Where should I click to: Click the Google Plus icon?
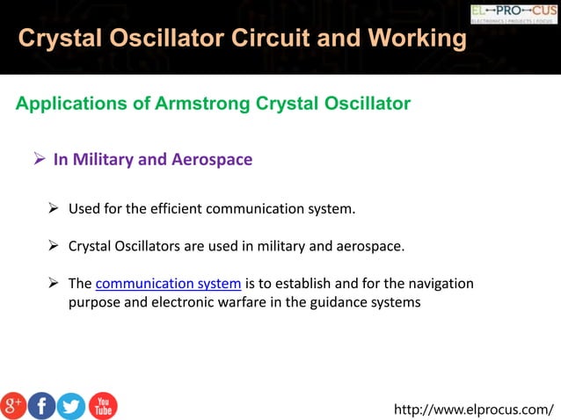click(x=13, y=405)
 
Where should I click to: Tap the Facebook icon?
click(x=41, y=405)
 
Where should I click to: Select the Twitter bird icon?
click(x=71, y=405)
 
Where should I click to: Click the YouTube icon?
click(x=102, y=405)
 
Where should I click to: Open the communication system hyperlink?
click(x=167, y=284)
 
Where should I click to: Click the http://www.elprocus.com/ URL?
click(x=474, y=409)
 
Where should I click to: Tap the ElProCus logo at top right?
click(x=514, y=13)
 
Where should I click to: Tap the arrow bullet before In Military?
click(x=40, y=159)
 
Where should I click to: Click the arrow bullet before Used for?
click(x=55, y=209)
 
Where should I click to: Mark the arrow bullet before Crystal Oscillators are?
click(x=55, y=246)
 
